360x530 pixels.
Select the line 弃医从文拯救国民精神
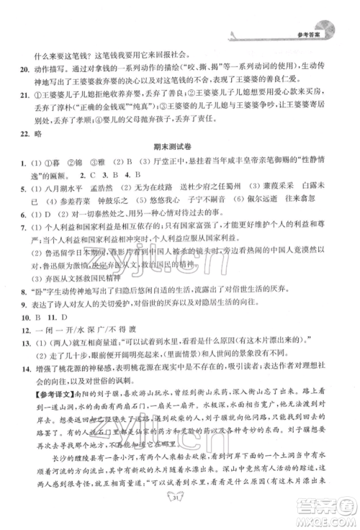tap(76, 277)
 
